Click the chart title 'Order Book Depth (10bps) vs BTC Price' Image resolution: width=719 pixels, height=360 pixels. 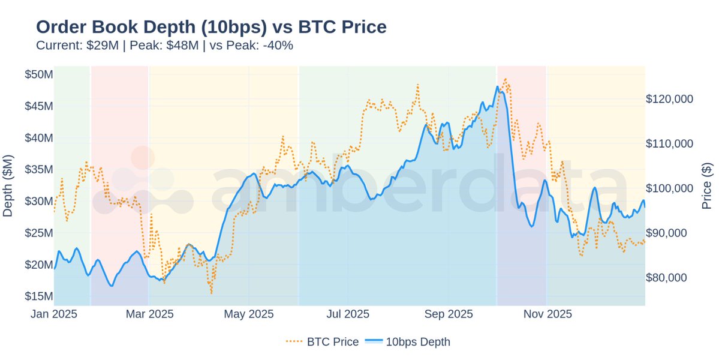[211, 26]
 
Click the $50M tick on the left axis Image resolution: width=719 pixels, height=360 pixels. [38, 74]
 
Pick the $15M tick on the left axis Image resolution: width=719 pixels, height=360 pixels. [38, 296]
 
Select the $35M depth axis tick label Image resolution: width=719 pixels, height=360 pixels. [38, 169]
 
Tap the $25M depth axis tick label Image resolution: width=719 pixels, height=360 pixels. [38, 233]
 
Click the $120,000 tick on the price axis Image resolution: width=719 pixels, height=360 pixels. [669, 99]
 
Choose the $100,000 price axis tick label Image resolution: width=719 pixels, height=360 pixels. [669, 188]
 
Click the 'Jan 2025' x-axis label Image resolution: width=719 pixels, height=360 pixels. [54, 314]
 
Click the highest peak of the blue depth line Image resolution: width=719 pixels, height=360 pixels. [497, 86]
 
